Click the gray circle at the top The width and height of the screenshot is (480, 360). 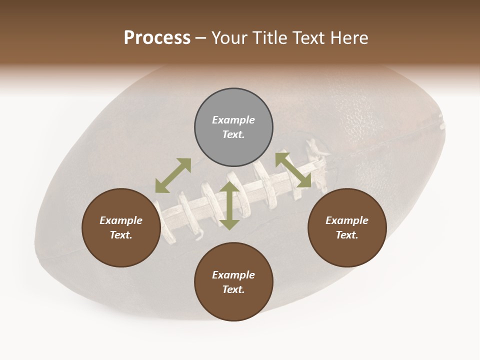tap(233, 127)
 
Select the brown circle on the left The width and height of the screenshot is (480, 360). tap(121, 227)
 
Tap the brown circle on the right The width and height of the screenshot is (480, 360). tap(347, 227)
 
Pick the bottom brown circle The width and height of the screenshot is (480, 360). tap(233, 281)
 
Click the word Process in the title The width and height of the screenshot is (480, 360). tap(157, 38)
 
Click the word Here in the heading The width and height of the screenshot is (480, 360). tap(349, 38)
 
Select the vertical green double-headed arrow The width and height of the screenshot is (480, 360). tap(229, 205)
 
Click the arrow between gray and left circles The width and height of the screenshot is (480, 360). tap(173, 175)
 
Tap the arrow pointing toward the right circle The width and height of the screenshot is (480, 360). tap(293, 169)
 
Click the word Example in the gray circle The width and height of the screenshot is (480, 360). tap(233, 120)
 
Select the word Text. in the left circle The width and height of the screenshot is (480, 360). tap(121, 235)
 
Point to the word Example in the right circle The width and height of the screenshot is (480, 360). tap(347, 220)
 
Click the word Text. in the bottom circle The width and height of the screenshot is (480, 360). tap(233, 289)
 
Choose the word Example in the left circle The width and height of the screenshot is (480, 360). tap(121, 220)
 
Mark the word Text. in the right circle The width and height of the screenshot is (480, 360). tap(347, 235)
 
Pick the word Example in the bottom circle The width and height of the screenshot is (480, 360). tap(233, 275)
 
